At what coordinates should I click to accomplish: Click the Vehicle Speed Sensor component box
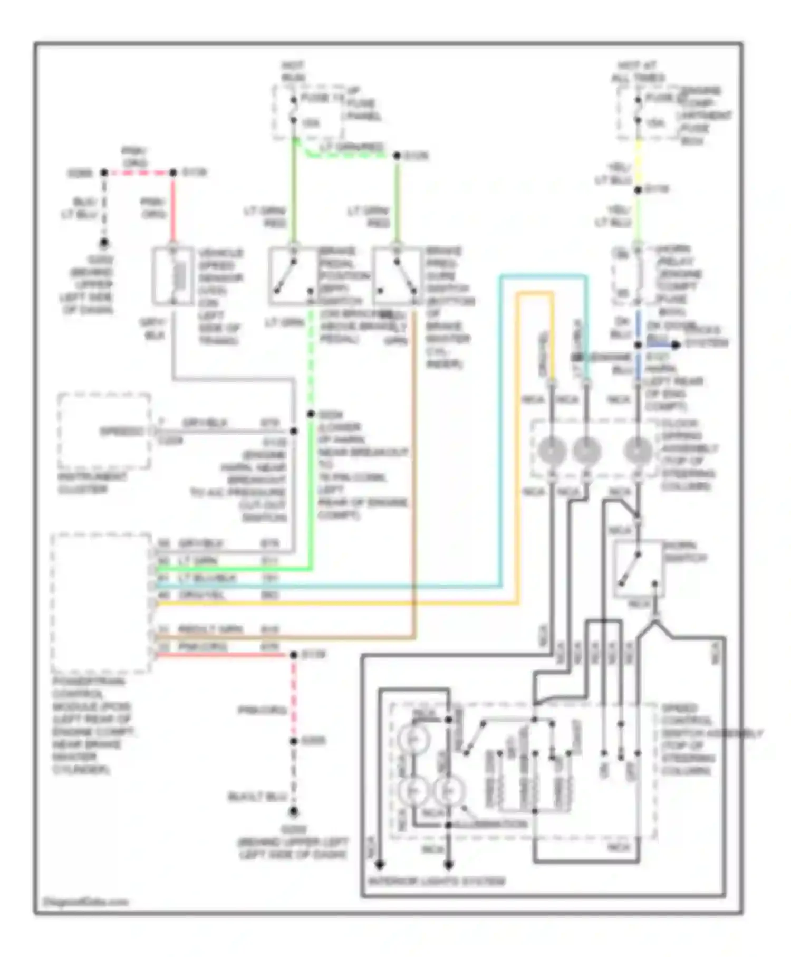[x=172, y=276]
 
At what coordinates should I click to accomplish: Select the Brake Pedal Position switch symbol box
[x=293, y=276]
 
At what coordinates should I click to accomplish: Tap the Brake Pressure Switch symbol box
[x=397, y=276]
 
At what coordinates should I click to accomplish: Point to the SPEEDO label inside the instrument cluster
[x=122, y=432]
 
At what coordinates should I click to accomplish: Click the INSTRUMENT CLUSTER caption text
[x=92, y=483]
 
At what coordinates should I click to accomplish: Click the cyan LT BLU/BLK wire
[x=327, y=586]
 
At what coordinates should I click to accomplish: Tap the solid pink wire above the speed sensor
[x=172, y=211]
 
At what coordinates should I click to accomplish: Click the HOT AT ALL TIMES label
[x=637, y=72]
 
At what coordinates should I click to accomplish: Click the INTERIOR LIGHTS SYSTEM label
[x=436, y=881]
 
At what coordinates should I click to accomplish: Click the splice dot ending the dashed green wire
[x=311, y=414]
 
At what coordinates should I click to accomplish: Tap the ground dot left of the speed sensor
[x=104, y=243]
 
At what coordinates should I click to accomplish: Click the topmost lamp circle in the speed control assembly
[x=414, y=739]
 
